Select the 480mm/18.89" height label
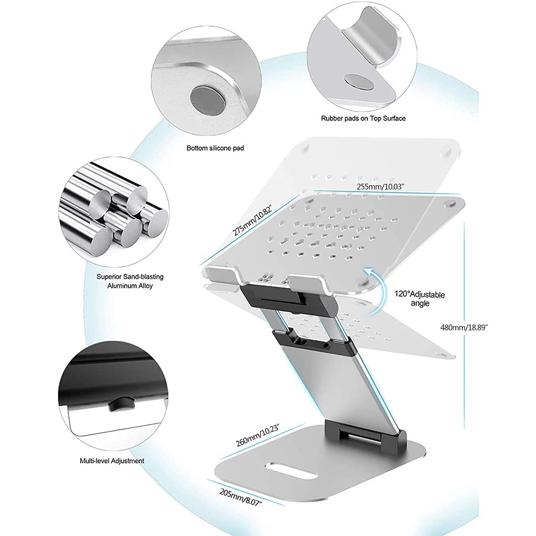tap(464, 327)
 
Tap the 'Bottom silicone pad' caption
tap(215, 148)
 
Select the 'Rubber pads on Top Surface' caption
tap(363, 118)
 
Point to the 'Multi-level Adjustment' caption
tap(112, 461)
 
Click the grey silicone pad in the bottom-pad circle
tap(202, 98)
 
